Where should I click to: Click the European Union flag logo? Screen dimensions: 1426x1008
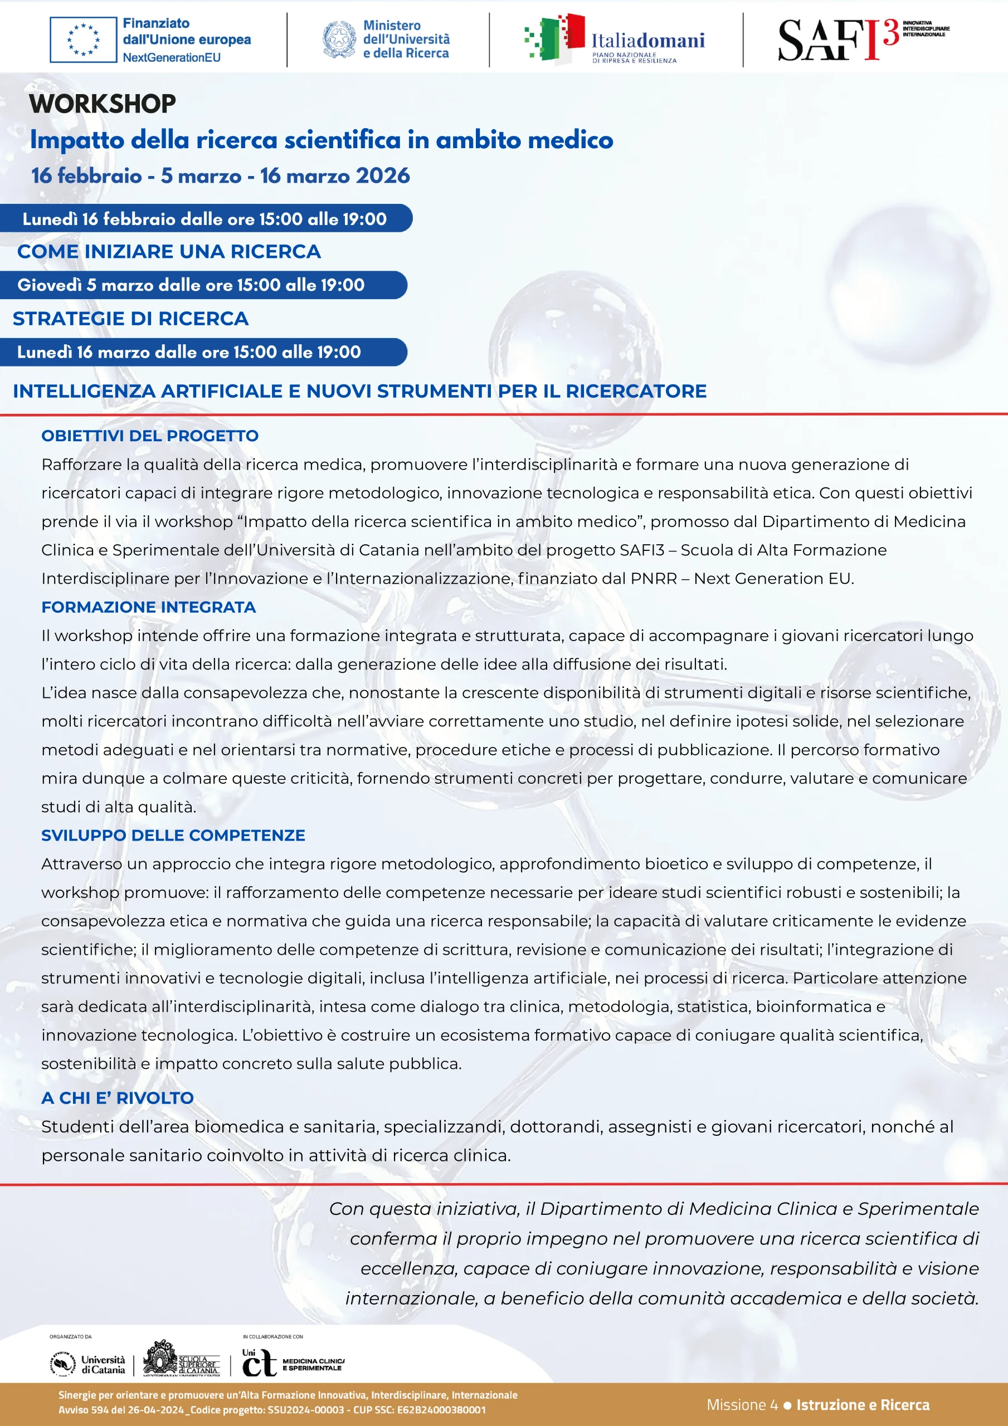pos(83,40)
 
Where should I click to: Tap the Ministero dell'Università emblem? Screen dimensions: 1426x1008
pos(339,40)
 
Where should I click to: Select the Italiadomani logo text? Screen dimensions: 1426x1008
pos(647,41)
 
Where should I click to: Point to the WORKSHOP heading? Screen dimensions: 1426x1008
pos(103,104)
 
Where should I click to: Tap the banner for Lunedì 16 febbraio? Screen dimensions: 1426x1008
pos(205,218)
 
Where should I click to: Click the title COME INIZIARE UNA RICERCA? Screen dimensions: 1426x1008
pos(169,252)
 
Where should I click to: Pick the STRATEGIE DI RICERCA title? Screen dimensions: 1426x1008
pos(130,319)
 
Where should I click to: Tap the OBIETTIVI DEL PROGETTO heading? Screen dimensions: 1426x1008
pos(150,436)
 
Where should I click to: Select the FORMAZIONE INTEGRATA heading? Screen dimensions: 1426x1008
pos(149,607)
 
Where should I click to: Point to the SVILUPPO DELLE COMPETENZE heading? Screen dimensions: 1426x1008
pos(173,836)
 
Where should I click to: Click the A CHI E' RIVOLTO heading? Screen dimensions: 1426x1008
pos(118,1098)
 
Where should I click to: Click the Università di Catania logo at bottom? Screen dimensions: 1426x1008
pos(87,1365)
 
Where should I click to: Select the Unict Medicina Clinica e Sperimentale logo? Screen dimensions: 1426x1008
pos(292,1364)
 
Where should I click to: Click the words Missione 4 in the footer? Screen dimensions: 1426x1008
pos(742,1405)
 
